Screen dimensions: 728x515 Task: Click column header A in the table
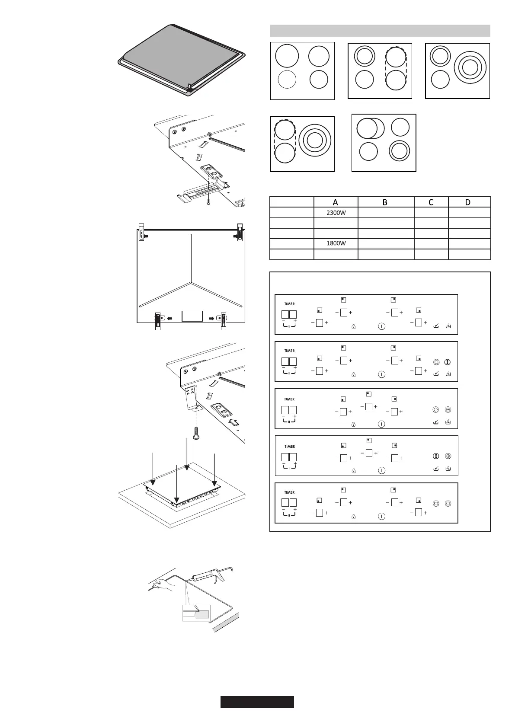336,202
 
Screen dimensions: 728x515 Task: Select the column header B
385,202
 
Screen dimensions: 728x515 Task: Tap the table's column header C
431,202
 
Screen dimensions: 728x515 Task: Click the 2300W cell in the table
336,213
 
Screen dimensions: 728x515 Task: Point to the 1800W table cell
336,243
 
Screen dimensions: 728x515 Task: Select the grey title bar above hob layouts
380,31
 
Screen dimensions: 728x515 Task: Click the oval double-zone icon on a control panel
436,503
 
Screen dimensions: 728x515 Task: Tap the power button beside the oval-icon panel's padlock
381,516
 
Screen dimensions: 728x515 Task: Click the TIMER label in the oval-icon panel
289,492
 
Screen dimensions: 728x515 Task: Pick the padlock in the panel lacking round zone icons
353,327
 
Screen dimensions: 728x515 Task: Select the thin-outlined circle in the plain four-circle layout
287,80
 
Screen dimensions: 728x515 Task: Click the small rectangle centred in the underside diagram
192,316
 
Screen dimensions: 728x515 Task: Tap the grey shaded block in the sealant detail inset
202,615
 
